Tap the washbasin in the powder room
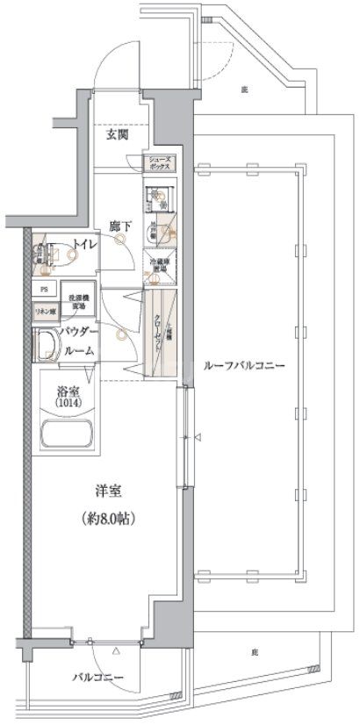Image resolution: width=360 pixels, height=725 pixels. click(45, 346)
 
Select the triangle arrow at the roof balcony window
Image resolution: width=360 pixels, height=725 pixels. click(198, 437)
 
